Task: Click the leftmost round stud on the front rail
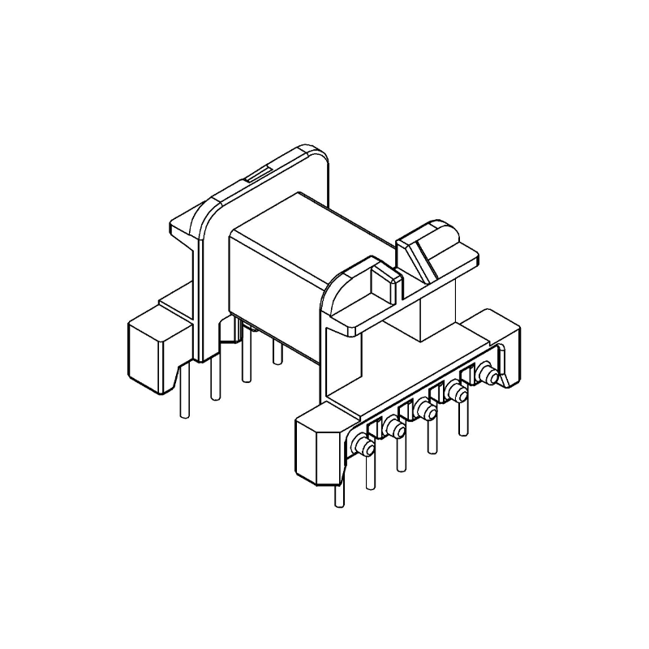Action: coord(362,445)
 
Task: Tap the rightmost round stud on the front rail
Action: coord(487,376)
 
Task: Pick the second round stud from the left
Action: coord(394,428)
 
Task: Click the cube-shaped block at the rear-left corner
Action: coord(154,348)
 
